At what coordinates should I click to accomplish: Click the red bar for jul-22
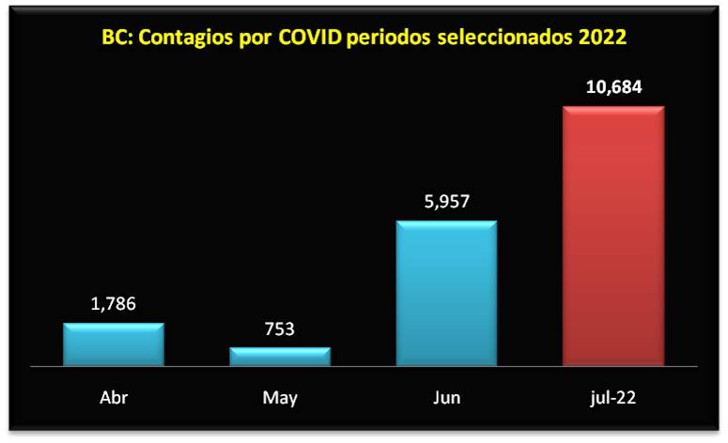613,235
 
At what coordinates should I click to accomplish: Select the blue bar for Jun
447,293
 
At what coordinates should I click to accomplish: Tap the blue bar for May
280,356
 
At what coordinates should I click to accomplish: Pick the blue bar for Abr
114,344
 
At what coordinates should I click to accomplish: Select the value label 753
280,329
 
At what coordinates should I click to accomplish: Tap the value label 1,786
114,304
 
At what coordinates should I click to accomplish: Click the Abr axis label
114,398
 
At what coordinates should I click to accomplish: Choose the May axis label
280,398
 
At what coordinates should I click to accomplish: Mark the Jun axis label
447,398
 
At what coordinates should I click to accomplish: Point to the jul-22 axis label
613,398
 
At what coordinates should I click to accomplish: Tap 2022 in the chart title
601,38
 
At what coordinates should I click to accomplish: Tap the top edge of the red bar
613,107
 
